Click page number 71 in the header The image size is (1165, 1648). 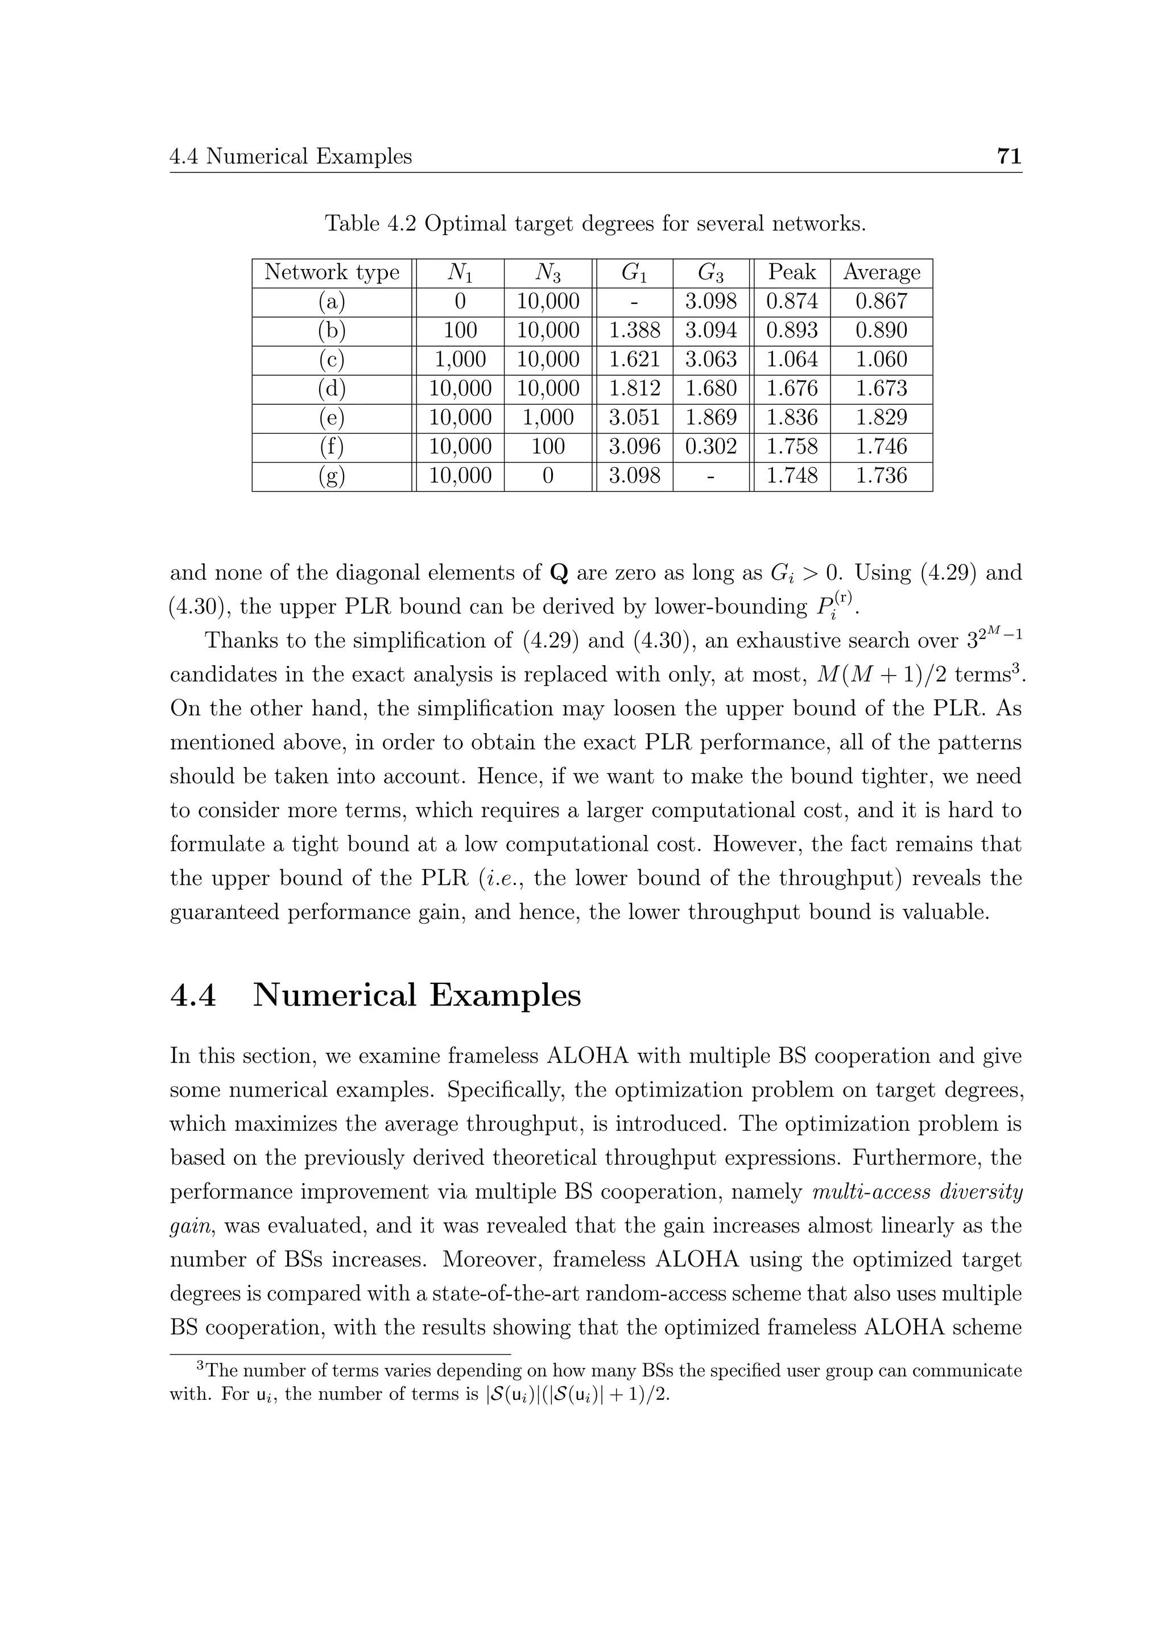pyautogui.click(x=1009, y=156)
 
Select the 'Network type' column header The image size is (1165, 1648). pyautogui.click(x=332, y=273)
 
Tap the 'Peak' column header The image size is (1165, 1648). pyautogui.click(x=791, y=273)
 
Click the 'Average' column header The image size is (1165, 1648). pyautogui.click(x=882, y=273)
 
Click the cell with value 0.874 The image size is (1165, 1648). pyautogui.click(x=791, y=302)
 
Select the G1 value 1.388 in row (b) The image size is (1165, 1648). pyautogui.click(x=634, y=331)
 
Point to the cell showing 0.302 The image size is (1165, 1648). pyautogui.click(x=711, y=447)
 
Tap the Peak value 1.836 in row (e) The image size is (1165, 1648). pyautogui.click(x=791, y=418)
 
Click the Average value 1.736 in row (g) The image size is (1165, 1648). pyautogui.click(x=882, y=476)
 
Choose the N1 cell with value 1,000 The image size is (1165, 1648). pyautogui.click(x=460, y=360)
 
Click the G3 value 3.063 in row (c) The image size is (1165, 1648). pyautogui.click(x=711, y=360)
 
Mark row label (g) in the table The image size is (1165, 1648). pyautogui.click(x=332, y=476)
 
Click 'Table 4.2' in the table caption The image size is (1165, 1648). pyautogui.click(x=371, y=224)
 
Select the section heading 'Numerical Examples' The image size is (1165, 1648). pyautogui.click(x=417, y=995)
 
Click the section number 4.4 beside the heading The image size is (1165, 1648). pyautogui.click(x=193, y=995)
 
